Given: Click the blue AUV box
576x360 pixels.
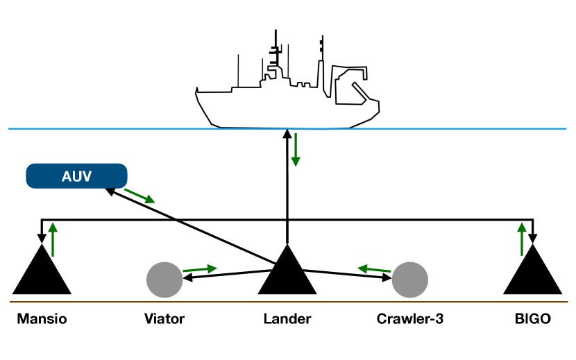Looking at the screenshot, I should click(76, 175).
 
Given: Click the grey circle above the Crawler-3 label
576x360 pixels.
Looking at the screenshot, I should click(409, 280).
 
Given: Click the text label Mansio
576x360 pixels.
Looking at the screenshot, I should click(41, 320).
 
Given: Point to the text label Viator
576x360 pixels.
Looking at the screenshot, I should click(164, 320).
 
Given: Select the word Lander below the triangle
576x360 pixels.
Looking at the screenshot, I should click(287, 320).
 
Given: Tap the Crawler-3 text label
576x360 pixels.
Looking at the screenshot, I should click(409, 320).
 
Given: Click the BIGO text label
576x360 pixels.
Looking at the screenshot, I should click(532, 320).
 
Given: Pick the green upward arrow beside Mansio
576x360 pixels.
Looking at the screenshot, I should click(53, 239).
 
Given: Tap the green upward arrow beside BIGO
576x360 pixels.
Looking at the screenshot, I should click(521, 239).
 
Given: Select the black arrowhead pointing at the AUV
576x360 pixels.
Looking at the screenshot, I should click(110, 191).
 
